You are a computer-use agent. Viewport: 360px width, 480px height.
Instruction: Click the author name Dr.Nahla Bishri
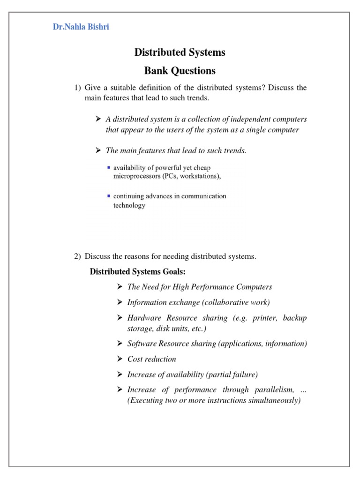[81, 27]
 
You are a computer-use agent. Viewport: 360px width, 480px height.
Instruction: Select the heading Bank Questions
[180, 71]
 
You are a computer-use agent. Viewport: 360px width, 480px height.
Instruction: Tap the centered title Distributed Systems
[180, 52]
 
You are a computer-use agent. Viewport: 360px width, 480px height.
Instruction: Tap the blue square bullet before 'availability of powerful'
[109, 167]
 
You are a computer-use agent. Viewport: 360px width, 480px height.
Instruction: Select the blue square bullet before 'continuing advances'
[109, 196]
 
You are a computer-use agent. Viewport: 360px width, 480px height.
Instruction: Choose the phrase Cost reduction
[152, 359]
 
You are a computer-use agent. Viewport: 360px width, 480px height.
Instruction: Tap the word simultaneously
[274, 400]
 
